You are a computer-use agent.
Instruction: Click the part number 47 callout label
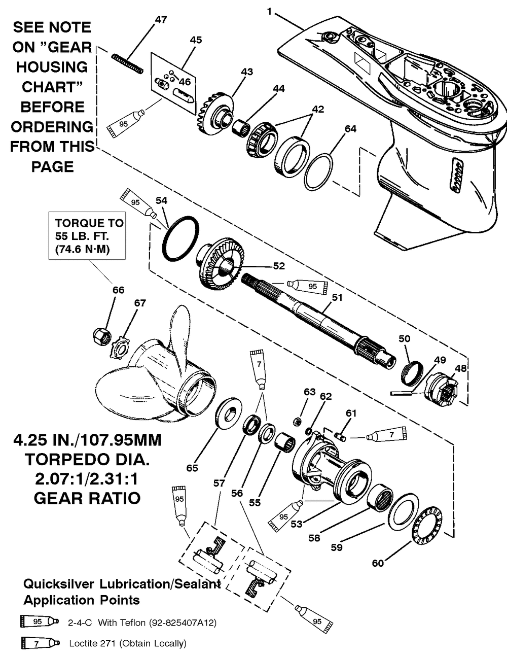161,20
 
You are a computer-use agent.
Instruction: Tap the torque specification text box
87,236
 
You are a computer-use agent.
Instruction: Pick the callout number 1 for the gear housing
270,11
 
